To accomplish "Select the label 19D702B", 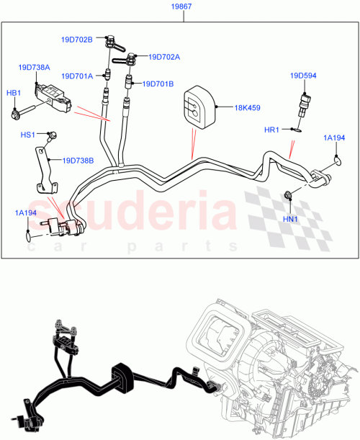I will tap(77, 40).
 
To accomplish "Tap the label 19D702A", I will tap(165, 57).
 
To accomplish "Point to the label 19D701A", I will tap(77, 76).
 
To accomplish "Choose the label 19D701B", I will tap(158, 84).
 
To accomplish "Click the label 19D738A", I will tap(34, 67).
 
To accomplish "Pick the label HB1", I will tap(13, 93).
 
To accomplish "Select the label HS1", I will tap(27, 135).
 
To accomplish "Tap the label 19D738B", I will tap(81, 161).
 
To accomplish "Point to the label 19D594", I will tap(304, 74).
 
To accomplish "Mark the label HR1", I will tap(271, 130).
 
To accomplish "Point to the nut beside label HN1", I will tap(287, 193).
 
